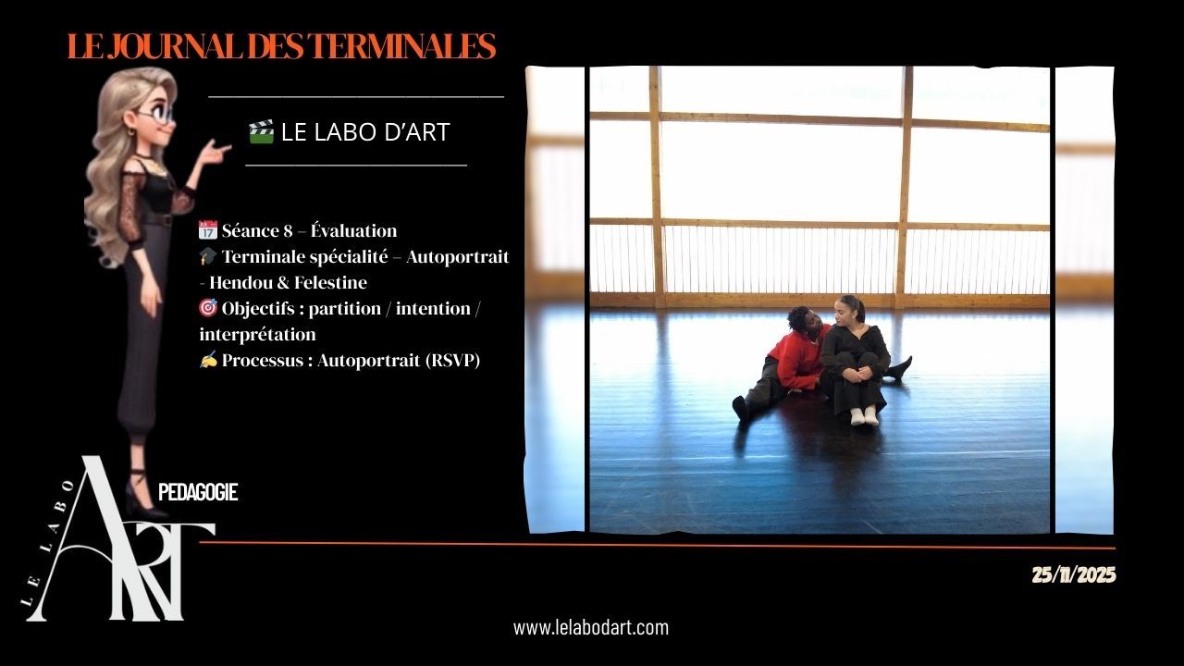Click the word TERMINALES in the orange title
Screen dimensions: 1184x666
point(401,46)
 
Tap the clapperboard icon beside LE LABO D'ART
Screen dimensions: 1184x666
point(261,131)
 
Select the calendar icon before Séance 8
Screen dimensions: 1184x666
point(208,230)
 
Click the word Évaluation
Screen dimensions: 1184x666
point(353,230)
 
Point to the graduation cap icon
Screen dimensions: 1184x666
point(208,256)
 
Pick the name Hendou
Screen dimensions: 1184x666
point(240,282)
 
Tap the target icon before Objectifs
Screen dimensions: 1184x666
point(208,308)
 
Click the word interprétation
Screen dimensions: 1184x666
point(257,334)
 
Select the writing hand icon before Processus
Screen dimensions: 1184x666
point(208,360)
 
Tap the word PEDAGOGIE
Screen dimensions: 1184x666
point(198,492)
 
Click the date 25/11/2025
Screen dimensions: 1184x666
point(1074,574)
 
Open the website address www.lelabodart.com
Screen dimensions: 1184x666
point(591,628)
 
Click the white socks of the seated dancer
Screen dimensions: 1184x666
point(864,416)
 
